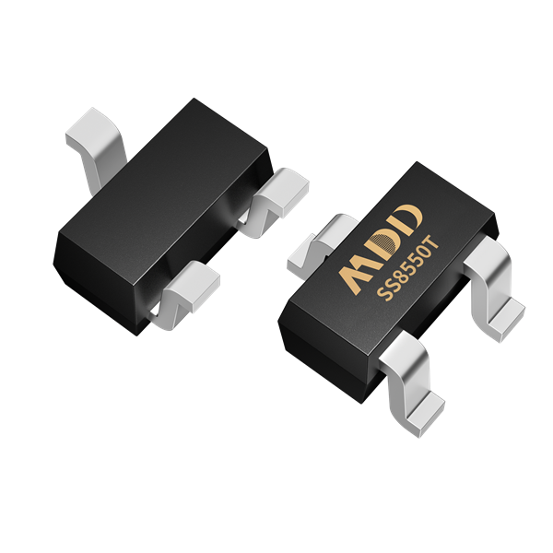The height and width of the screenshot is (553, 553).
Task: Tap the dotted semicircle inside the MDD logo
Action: point(383,244)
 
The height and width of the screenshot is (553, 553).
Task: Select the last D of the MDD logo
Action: point(406,219)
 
